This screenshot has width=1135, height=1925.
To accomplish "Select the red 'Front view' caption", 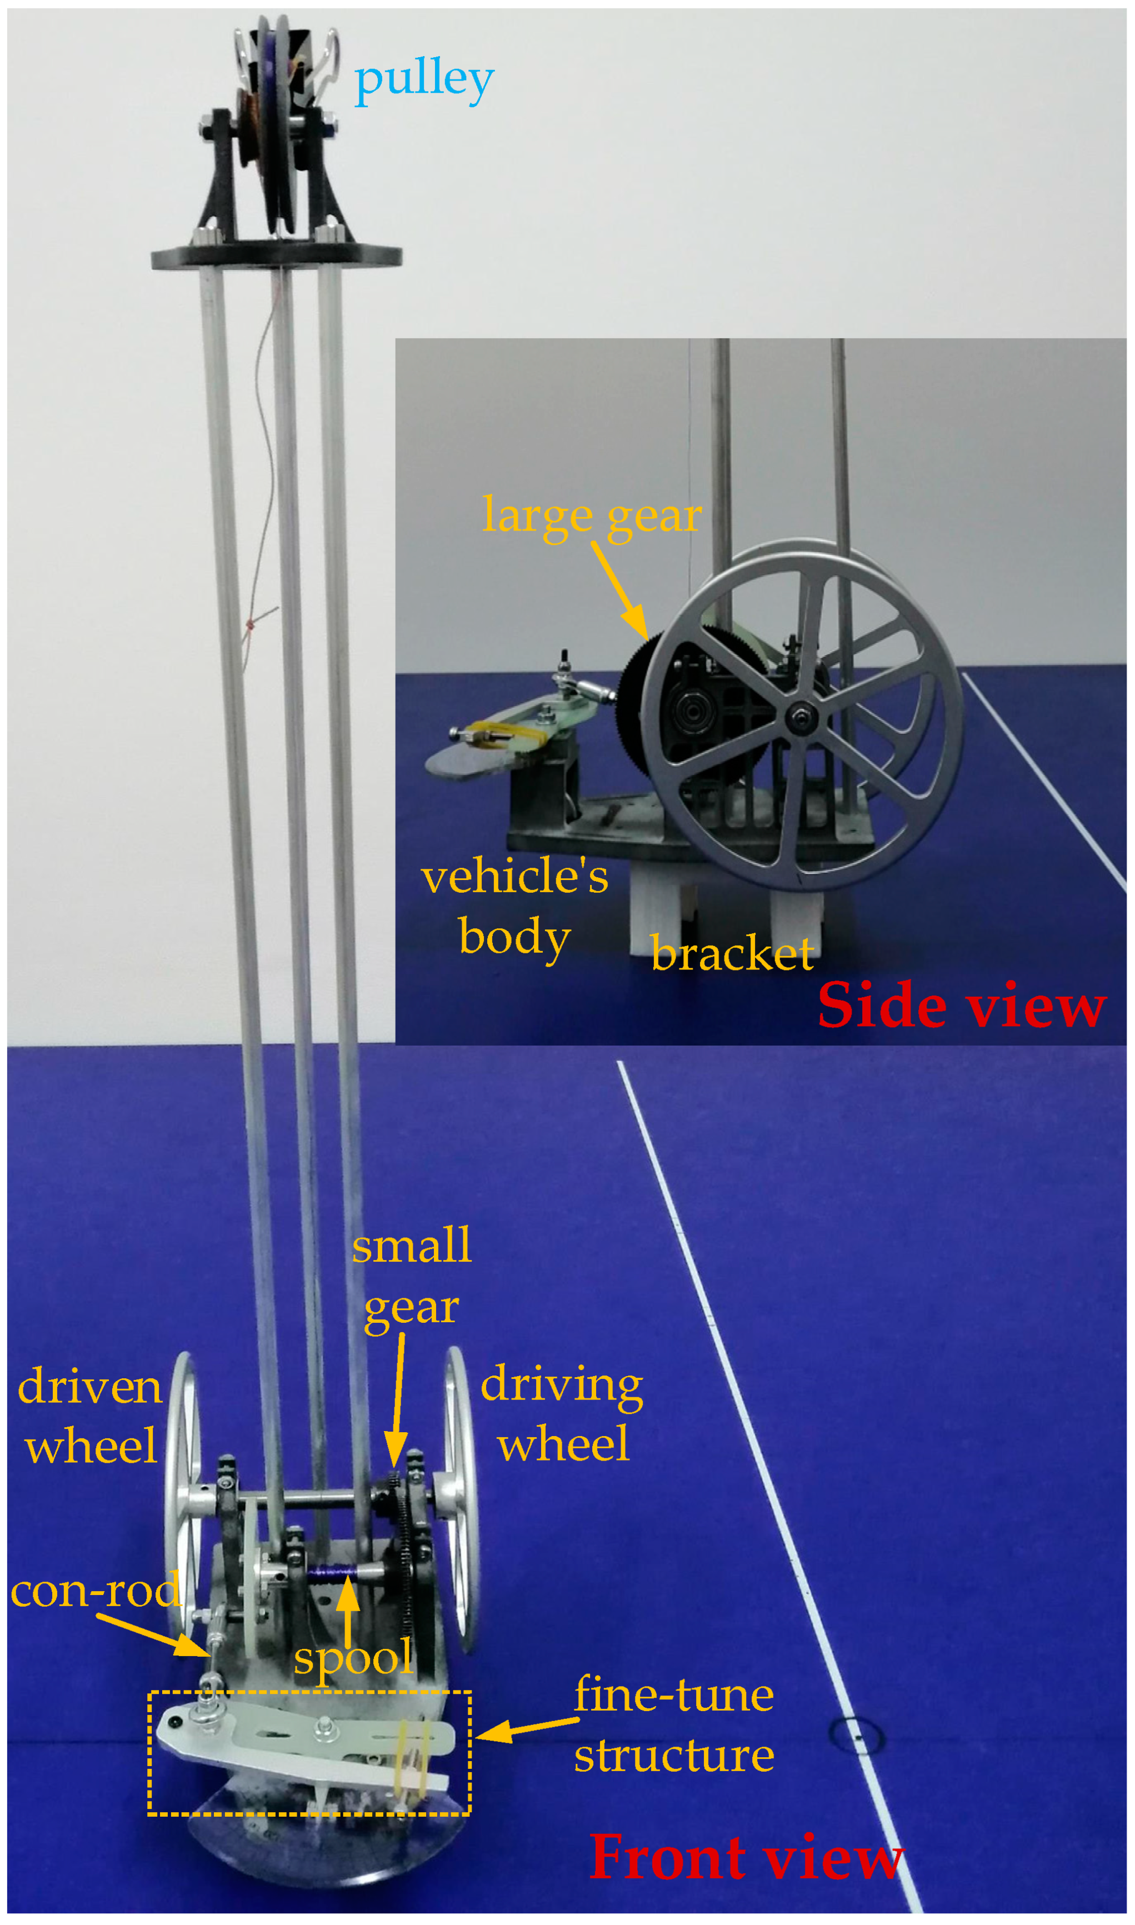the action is point(746,1858).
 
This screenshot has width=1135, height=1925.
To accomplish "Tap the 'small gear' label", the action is point(412,1277).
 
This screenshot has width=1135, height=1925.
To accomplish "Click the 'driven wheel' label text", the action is point(90,1417).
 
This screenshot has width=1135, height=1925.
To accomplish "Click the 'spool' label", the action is point(353,1659).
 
